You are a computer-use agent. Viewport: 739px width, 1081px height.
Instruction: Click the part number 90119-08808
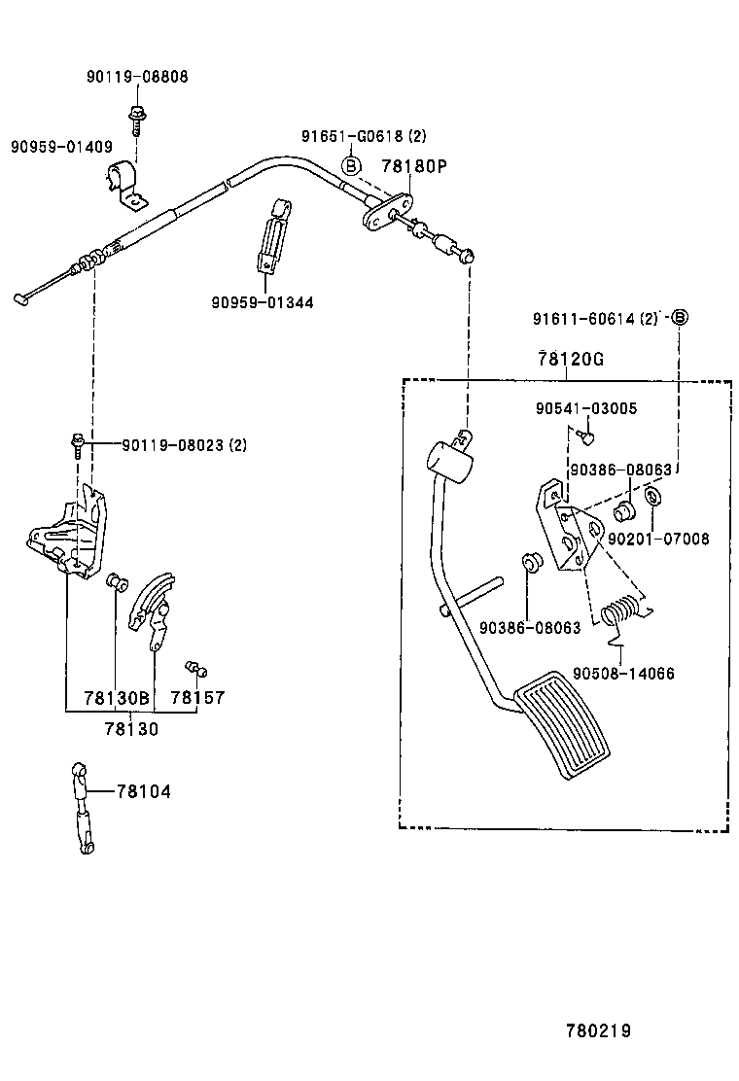coord(137,77)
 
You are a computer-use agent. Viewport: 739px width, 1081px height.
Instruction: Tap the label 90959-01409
coord(61,146)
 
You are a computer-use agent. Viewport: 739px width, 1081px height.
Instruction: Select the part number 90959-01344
coord(263,302)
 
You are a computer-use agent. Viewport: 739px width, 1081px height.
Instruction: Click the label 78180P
coord(414,166)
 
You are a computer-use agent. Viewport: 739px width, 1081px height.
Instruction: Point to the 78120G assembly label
coord(571,359)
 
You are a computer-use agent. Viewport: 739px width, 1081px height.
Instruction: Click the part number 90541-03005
coord(586,408)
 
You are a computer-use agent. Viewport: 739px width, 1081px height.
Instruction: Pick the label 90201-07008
coord(658,539)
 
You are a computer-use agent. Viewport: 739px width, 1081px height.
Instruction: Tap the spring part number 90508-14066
coord(624,674)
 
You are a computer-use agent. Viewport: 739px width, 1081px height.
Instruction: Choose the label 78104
coord(143,791)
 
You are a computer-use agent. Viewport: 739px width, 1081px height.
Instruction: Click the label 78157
coord(197,698)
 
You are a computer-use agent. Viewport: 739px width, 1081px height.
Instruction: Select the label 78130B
coord(117,698)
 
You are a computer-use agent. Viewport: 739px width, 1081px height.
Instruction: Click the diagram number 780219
coord(599,1030)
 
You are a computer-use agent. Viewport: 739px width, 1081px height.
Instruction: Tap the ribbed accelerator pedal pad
coord(563,724)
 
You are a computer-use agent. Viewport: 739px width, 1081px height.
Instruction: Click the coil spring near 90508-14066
coord(619,611)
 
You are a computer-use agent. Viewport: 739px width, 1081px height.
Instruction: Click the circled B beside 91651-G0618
coord(352,165)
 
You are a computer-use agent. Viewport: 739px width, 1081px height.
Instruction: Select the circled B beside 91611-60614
coord(679,317)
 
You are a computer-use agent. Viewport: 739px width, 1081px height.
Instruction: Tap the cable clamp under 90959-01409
coord(126,183)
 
